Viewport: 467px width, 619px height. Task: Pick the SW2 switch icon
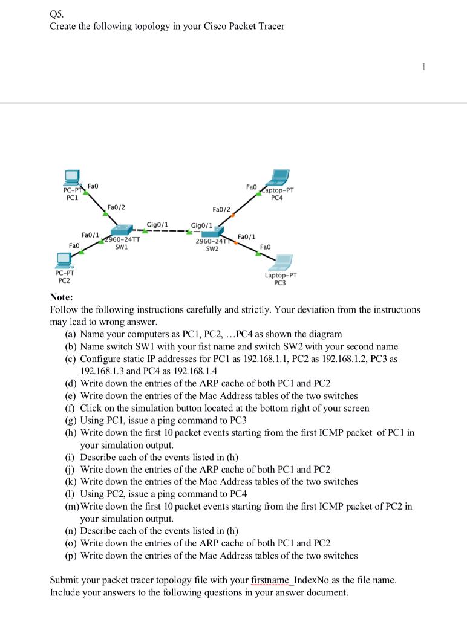[212, 233]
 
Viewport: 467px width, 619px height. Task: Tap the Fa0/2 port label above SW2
[221, 209]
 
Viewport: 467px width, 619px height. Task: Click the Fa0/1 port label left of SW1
[90, 234]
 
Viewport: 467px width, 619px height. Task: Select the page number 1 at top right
[424, 67]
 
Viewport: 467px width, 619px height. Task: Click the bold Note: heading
[61, 297]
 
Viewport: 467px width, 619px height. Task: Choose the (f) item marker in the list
[71, 408]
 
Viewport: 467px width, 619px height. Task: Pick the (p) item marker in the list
[71, 555]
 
